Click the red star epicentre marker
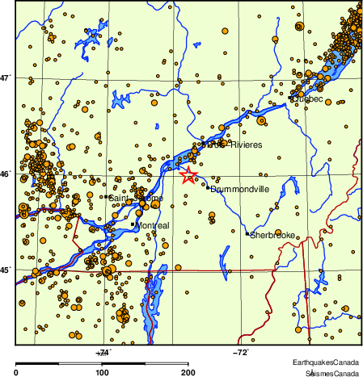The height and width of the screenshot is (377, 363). [x=188, y=175]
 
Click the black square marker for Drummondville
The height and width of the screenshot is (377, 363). [x=208, y=188]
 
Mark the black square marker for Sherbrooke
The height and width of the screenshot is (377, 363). [x=247, y=234]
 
